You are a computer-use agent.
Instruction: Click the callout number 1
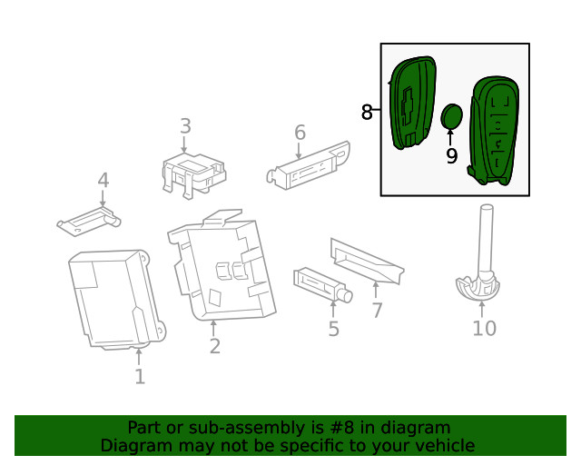[140, 375]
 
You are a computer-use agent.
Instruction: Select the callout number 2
[214, 346]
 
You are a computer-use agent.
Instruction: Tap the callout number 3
[184, 126]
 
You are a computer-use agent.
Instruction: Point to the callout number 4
[103, 181]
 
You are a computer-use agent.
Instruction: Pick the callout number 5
[333, 328]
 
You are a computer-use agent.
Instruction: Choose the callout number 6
[300, 134]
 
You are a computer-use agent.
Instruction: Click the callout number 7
[376, 310]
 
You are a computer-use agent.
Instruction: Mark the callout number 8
[367, 112]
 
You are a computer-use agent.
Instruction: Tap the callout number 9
[451, 156]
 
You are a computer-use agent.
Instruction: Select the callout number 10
[484, 328]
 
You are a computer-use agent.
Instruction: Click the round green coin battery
[452, 117]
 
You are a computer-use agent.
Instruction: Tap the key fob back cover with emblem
[411, 102]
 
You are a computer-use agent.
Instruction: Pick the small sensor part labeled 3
[192, 173]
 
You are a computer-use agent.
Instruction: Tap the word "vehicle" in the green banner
[442, 445]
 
